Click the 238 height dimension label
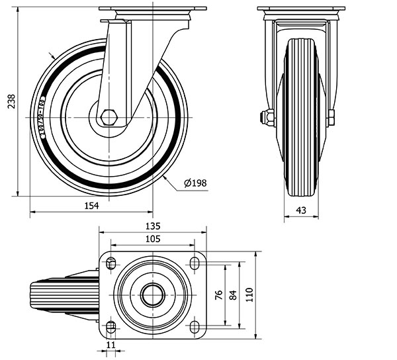pyautogui.click(x=9, y=102)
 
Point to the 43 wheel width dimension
pyautogui.click(x=301, y=210)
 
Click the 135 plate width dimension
pyautogui.click(x=152, y=226)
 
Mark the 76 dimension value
pyautogui.click(x=219, y=295)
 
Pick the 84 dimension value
pyautogui.click(x=232, y=295)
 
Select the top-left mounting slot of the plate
pyautogui.click(x=110, y=264)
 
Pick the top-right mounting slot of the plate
pyautogui.click(x=195, y=264)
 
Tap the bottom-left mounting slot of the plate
pyautogui.click(x=110, y=325)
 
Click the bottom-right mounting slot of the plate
pyautogui.click(x=195, y=325)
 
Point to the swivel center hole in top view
pyautogui.click(x=152, y=294)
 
